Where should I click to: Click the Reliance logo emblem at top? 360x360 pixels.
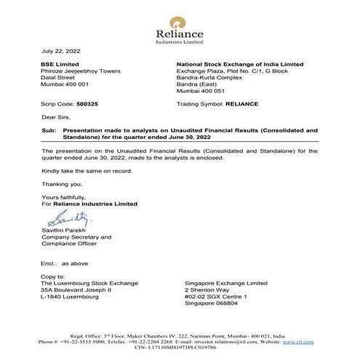tap(179, 19)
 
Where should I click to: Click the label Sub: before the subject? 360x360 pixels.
tap(49, 129)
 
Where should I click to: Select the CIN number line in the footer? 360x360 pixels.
tap(179, 348)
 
